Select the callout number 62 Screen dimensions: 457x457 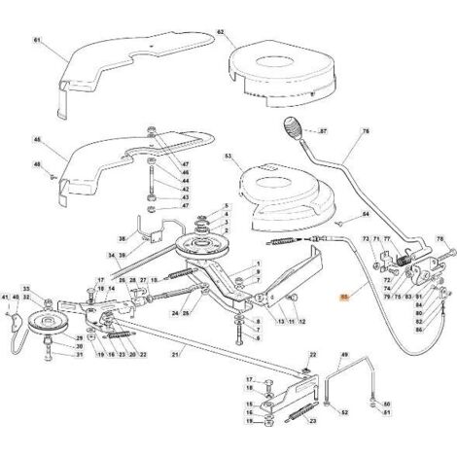click(220, 32)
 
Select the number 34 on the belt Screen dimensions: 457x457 click(112, 256)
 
